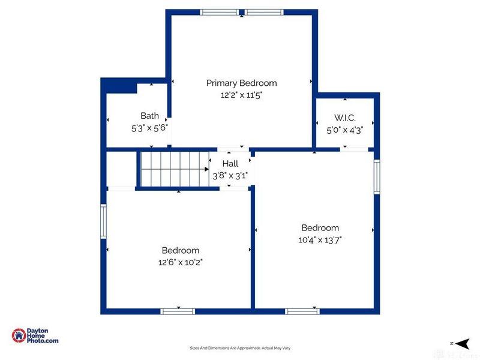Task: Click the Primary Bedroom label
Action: tap(242, 83)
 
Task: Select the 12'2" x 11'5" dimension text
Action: tap(242, 95)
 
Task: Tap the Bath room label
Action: tap(149, 116)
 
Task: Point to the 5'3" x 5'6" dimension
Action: tap(149, 128)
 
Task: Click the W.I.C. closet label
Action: tap(344, 118)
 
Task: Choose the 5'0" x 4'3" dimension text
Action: tap(344, 130)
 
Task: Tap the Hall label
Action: tap(230, 163)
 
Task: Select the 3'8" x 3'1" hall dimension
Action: tap(230, 176)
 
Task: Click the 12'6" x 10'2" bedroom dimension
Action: tap(181, 262)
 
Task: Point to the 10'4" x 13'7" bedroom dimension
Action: tap(320, 239)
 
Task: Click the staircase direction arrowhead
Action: tap(206, 169)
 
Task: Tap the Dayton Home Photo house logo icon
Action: tap(19, 335)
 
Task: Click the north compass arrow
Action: tap(463, 343)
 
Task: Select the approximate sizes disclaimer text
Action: tap(240, 348)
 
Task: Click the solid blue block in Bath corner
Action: tap(119, 86)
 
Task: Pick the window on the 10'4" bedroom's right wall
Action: tap(377, 176)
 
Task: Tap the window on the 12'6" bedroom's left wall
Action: tap(103, 221)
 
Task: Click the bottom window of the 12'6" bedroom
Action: tap(178, 311)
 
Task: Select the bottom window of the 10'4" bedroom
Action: tap(302, 311)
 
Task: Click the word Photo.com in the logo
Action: tap(43, 341)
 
